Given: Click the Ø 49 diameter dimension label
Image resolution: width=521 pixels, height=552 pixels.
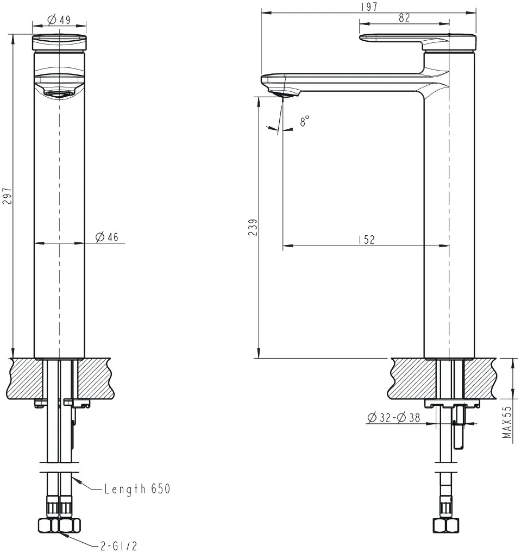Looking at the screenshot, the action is point(59,20).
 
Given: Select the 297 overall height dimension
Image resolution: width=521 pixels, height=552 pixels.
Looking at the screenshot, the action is point(8,196).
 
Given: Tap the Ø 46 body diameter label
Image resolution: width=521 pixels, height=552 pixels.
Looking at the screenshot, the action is point(107,237).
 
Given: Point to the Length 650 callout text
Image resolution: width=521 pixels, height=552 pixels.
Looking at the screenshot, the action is point(137,488).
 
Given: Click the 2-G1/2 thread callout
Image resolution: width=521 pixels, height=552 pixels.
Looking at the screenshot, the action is point(118,545).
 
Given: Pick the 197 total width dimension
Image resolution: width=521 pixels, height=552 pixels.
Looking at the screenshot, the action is point(369,7).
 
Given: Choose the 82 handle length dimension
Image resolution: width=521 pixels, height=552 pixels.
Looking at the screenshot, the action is point(404,18).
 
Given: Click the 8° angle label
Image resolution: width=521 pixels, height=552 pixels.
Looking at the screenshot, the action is point(304,121).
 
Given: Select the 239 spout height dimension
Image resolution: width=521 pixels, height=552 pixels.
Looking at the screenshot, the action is point(253,227).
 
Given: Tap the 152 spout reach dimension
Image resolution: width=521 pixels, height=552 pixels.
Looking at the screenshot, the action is point(367,240).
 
